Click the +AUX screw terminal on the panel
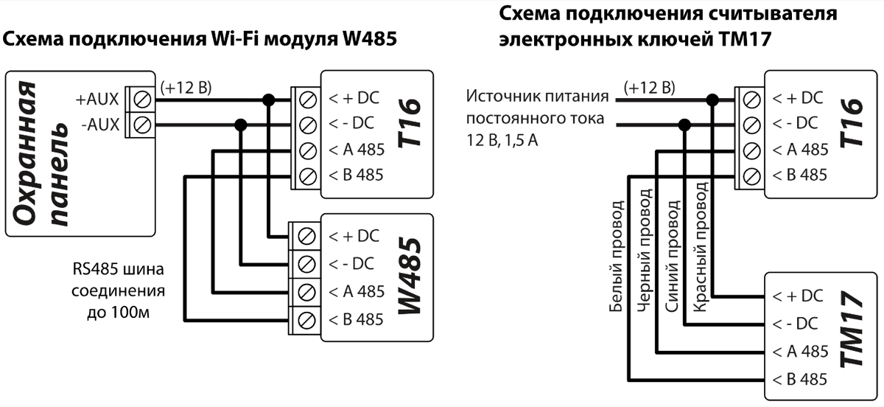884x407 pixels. tap(141, 97)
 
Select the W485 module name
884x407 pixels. tap(412, 277)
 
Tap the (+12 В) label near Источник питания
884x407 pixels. tap(648, 88)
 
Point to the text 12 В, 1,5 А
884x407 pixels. tap(502, 139)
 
